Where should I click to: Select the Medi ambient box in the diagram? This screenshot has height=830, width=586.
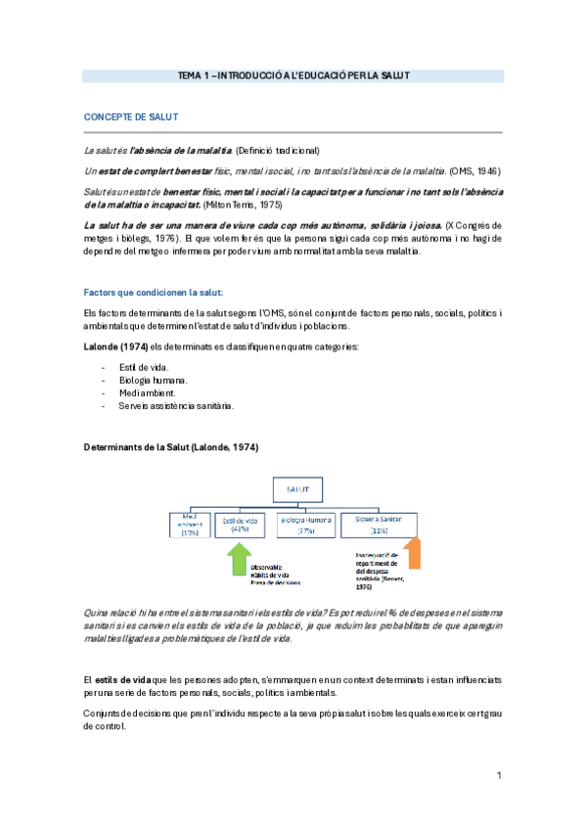pos(189,524)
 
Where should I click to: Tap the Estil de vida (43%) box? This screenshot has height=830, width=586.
pos(240,524)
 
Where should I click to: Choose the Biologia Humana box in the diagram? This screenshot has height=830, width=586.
pos(306,524)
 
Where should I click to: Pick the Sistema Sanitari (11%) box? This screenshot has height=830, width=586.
pos(379,524)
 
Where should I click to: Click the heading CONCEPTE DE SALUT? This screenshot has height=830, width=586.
pos(130,117)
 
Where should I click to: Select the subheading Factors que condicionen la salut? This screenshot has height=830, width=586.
pos(154,292)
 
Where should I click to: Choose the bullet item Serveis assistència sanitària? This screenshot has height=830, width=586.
pos(176,405)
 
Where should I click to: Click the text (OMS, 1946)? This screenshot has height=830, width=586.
pos(474,169)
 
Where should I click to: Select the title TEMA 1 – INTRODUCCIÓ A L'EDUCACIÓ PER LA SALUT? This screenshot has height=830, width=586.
pos(293,75)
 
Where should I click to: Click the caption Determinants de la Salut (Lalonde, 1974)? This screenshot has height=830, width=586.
pos(171,447)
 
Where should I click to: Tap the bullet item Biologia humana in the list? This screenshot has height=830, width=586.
pos(154,380)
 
